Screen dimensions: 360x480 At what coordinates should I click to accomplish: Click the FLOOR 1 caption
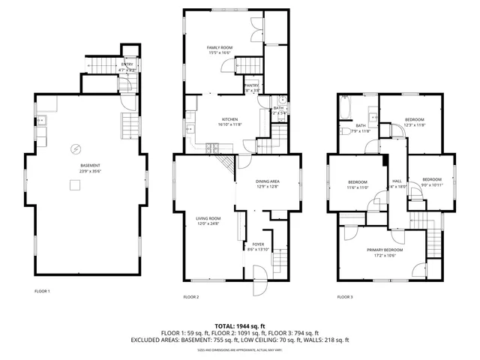tap(42, 290)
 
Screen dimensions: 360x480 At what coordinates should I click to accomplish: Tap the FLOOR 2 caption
tap(191, 297)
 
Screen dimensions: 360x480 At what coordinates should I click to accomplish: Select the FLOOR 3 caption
tap(345, 297)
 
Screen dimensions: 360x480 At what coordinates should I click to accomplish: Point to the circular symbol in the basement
tap(75, 148)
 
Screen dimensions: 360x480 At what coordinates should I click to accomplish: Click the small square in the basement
tap(75, 186)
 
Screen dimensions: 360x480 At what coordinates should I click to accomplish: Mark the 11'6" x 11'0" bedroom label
tap(358, 185)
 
